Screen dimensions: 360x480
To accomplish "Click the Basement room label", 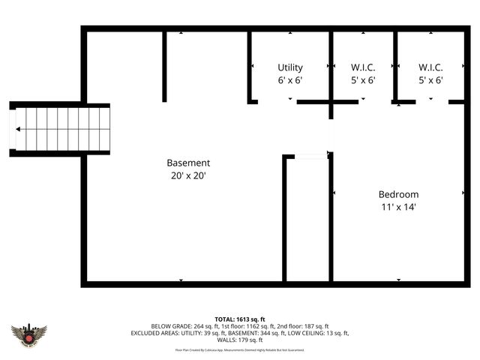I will [x=188, y=163].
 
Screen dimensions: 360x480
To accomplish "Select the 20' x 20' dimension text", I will [x=188, y=175].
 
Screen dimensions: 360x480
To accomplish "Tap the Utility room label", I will [x=290, y=67].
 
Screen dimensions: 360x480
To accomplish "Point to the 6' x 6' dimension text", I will [x=290, y=79].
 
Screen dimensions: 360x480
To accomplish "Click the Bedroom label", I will [x=398, y=194].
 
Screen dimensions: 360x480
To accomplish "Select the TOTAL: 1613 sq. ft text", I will [x=240, y=319].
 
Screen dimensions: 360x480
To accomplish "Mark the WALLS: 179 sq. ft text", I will [x=240, y=340].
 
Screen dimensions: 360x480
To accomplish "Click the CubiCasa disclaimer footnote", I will [x=240, y=349].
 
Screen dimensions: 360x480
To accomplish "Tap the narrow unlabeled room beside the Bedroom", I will [x=307, y=221].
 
